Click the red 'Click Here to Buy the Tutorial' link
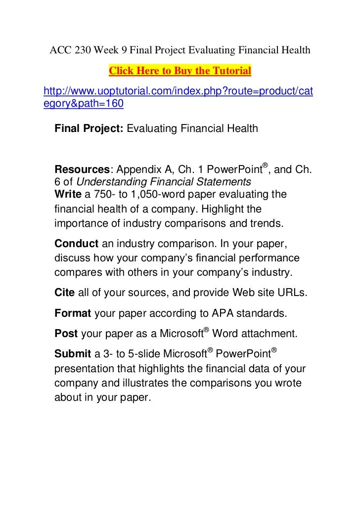pyautogui.click(x=180, y=71)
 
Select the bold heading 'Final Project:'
pyautogui.click(x=89, y=129)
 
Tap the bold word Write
pyautogui.click(x=68, y=194)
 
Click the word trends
pyautogui.click(x=266, y=222)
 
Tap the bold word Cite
pyautogui.click(x=65, y=293)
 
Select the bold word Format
pyautogui.click(x=73, y=313)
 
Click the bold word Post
pyautogui.click(x=66, y=334)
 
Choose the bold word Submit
pyautogui.click(x=72, y=355)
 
